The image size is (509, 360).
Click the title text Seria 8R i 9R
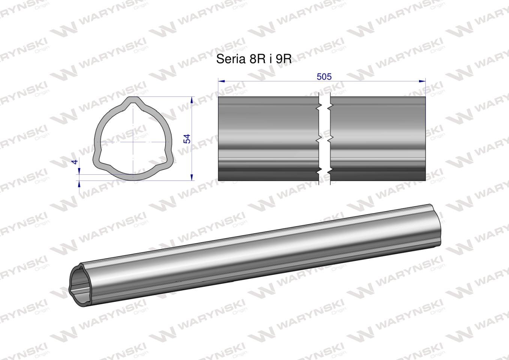254,59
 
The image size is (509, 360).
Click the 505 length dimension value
324,77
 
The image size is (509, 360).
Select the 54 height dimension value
187,139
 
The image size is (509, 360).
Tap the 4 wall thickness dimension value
75,162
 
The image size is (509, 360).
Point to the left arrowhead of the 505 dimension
221,81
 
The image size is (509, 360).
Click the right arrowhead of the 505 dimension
422,81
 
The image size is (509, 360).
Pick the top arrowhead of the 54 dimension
192,100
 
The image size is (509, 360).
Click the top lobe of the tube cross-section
134,101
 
